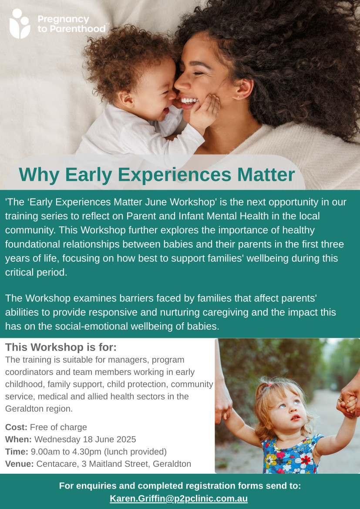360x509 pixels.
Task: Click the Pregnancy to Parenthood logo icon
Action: [20, 24]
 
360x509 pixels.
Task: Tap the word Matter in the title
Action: [266, 175]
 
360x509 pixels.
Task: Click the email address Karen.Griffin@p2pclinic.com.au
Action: [178, 498]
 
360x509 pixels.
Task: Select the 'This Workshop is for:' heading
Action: [61, 347]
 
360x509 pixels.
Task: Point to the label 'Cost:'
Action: [16, 427]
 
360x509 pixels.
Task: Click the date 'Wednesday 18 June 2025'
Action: [85, 439]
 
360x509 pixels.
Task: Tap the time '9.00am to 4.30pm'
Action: [69, 452]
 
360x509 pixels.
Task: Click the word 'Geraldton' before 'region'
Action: [22, 409]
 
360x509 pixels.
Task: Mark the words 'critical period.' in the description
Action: [36, 273]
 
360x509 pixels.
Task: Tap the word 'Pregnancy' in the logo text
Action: [63, 20]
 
